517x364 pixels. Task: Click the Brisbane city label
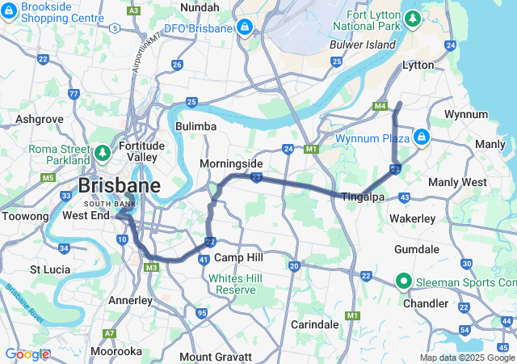118,186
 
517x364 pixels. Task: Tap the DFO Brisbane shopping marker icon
244,28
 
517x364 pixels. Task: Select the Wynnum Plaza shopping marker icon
421,138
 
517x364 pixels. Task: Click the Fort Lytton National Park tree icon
413,16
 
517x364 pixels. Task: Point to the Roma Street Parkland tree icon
103,151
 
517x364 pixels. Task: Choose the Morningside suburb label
232,163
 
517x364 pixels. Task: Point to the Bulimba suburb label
196,126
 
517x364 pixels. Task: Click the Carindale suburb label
314,324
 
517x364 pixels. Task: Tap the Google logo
26,354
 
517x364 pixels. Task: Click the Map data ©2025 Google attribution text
467,358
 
